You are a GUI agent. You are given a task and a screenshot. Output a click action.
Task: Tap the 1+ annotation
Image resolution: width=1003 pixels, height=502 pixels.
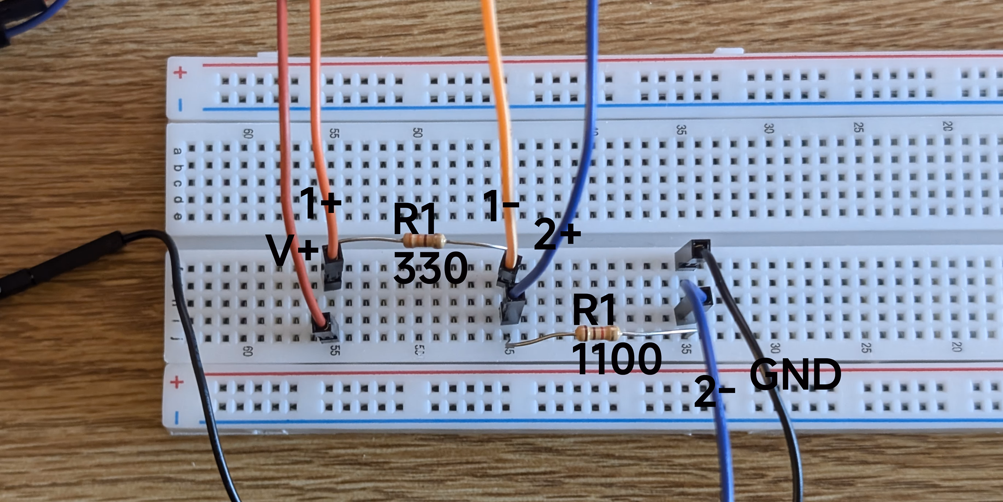(x=320, y=203)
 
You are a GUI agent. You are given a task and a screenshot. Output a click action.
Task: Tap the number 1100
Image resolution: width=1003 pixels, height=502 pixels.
(x=616, y=359)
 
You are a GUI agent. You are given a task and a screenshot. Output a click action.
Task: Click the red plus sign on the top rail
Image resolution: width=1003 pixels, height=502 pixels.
(x=180, y=72)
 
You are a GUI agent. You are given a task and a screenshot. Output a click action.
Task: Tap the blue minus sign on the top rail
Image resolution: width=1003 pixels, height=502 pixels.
(x=180, y=104)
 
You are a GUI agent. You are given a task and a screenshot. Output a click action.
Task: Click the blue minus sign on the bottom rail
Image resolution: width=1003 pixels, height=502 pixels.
(x=177, y=418)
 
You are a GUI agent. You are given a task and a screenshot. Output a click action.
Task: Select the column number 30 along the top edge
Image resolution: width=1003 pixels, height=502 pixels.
(x=768, y=128)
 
